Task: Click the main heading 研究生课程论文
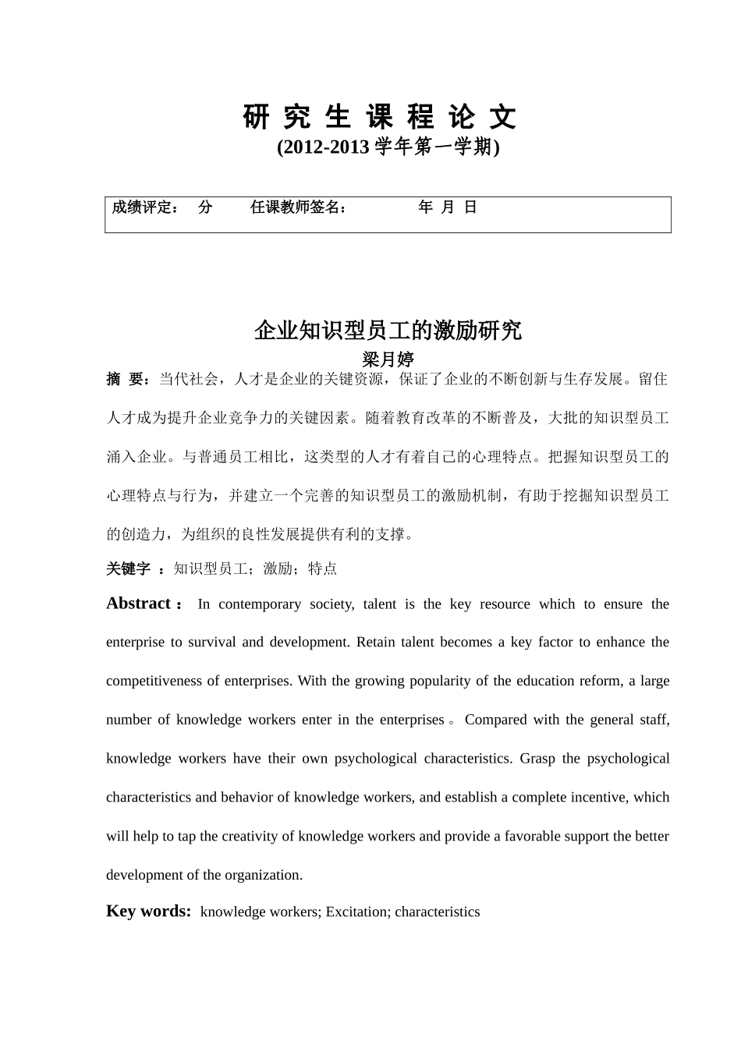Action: pyautogui.click(x=380, y=118)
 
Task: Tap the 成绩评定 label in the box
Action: pyautogui.click(x=144, y=207)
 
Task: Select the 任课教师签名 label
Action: pyautogui.click(x=297, y=207)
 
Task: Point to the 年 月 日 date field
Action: pyautogui.click(x=447, y=207)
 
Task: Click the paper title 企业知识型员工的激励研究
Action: pyautogui.click(x=388, y=331)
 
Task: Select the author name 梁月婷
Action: pyautogui.click(x=388, y=359)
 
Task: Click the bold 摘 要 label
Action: pyautogui.click(x=128, y=380)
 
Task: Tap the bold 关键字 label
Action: pyautogui.click(x=128, y=569)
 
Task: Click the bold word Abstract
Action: pyautogui.click(x=138, y=604)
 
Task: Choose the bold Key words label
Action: pyautogui.click(x=148, y=911)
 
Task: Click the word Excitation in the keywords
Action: pyautogui.click(x=356, y=912)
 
